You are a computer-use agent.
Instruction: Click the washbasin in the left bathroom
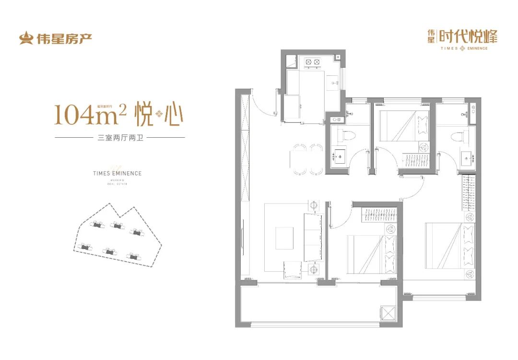point(340,155)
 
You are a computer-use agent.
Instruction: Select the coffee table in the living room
point(285,238)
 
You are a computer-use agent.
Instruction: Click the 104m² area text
point(91,115)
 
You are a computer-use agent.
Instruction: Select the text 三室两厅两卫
point(120,138)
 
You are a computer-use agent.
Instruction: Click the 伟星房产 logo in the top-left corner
point(55,38)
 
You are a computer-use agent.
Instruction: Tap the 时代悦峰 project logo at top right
point(462,38)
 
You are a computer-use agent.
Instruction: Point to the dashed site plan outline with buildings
point(117,236)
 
